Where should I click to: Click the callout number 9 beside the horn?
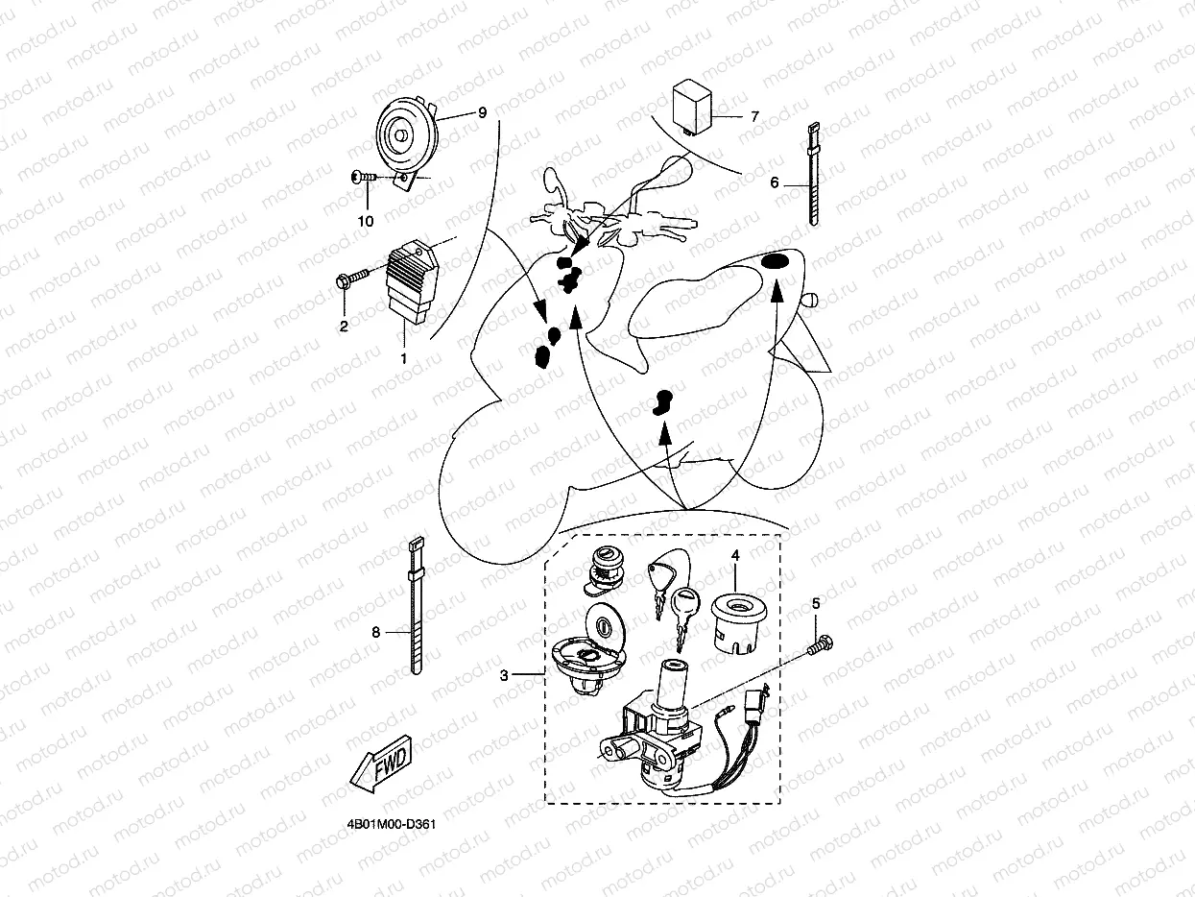click(x=482, y=112)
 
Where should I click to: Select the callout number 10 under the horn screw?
click(x=366, y=221)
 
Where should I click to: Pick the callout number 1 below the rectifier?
click(x=404, y=358)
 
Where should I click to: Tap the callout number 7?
click(x=754, y=117)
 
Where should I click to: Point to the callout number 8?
click(x=376, y=632)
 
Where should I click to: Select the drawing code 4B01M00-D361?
click(x=393, y=825)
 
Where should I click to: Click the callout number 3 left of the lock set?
click(x=504, y=676)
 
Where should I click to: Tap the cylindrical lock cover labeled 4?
click(x=734, y=619)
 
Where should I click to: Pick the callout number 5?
click(x=816, y=603)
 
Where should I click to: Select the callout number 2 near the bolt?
click(x=344, y=326)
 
